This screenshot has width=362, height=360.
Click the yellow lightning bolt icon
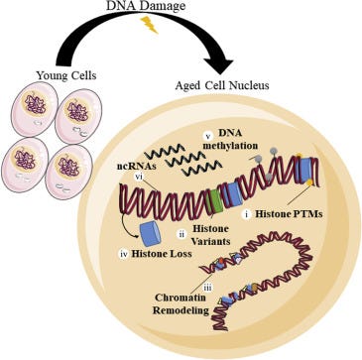(x=149, y=25)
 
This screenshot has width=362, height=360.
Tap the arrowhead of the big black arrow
(x=219, y=64)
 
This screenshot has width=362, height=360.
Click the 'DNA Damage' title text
(x=147, y=5)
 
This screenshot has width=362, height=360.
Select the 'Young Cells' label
(x=66, y=75)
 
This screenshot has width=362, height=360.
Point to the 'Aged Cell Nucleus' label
(x=222, y=86)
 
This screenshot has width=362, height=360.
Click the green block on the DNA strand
(x=216, y=201)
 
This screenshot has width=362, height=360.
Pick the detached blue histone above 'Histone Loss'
(x=151, y=234)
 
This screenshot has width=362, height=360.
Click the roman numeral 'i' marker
(x=246, y=214)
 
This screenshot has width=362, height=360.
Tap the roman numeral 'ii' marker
(x=181, y=234)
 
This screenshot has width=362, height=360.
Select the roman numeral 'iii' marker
(x=216, y=288)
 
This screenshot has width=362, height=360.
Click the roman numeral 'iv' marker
(x=124, y=254)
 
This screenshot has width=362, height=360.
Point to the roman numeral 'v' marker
(x=208, y=136)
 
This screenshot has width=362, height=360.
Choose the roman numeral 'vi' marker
(x=139, y=177)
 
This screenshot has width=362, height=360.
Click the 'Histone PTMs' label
(x=289, y=214)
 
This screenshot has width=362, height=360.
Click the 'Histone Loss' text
(x=162, y=254)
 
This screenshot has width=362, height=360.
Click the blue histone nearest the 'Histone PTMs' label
(x=305, y=170)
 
